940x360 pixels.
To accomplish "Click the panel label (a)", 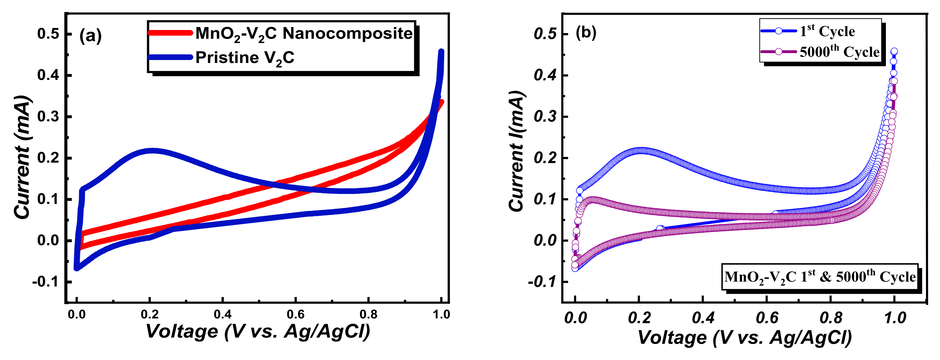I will pos(90,36).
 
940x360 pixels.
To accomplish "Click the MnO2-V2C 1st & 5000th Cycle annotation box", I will pos(820,277).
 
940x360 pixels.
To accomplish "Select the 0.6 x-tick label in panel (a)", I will pos(295,315).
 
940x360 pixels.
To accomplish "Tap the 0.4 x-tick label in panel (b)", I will pos(703,318).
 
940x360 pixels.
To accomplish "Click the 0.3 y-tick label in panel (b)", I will pos(545,117).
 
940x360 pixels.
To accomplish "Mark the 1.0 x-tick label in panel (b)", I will pos(895,318).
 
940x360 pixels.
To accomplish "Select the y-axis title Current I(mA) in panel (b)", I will pos(516,151).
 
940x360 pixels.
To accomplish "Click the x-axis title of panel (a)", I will pos(258,331).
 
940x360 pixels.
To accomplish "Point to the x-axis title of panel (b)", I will pos(744,337).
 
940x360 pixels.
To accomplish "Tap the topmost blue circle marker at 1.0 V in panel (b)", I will pos(894,51).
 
